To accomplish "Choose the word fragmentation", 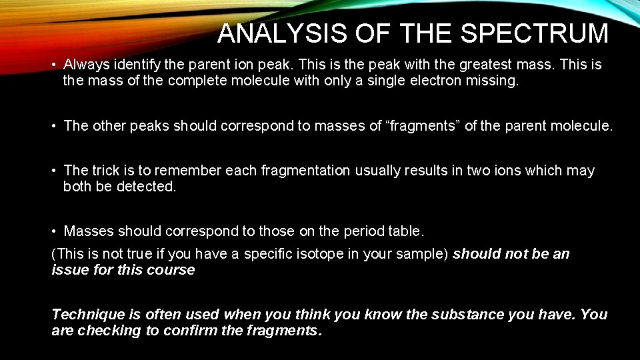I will pos(305,170).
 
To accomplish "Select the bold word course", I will pos(173,270).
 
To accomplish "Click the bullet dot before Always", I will pos(54,65).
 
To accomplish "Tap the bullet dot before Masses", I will pos(54,232).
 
